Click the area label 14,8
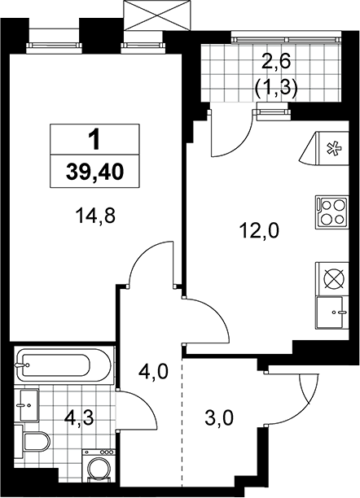click(95, 216)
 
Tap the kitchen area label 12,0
click(260, 230)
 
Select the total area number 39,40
click(94, 173)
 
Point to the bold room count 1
click(94, 140)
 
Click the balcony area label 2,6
click(276, 62)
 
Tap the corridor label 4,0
click(153, 372)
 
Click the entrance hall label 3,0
click(219, 418)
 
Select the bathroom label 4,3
click(78, 418)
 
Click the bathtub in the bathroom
click(64, 366)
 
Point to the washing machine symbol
click(98, 468)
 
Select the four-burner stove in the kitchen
click(332, 212)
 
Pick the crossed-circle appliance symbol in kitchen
click(332, 279)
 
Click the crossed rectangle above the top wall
click(157, 15)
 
